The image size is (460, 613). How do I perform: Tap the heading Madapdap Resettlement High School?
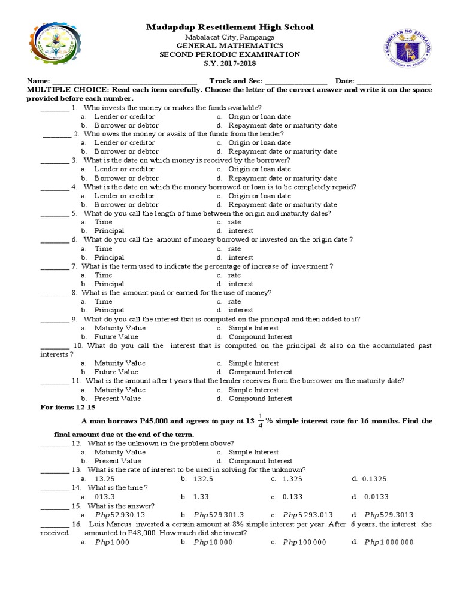tap(230, 28)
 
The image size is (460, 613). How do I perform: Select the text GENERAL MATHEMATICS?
tap(230, 45)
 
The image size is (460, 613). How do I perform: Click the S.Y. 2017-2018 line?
tap(230, 63)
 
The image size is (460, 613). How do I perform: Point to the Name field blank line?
tap(124, 82)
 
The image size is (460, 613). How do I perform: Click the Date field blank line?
tap(394, 82)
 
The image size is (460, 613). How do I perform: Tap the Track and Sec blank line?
tap(296, 82)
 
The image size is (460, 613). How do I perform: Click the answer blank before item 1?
tap(55, 108)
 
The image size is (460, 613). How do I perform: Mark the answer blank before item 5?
tap(55, 214)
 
